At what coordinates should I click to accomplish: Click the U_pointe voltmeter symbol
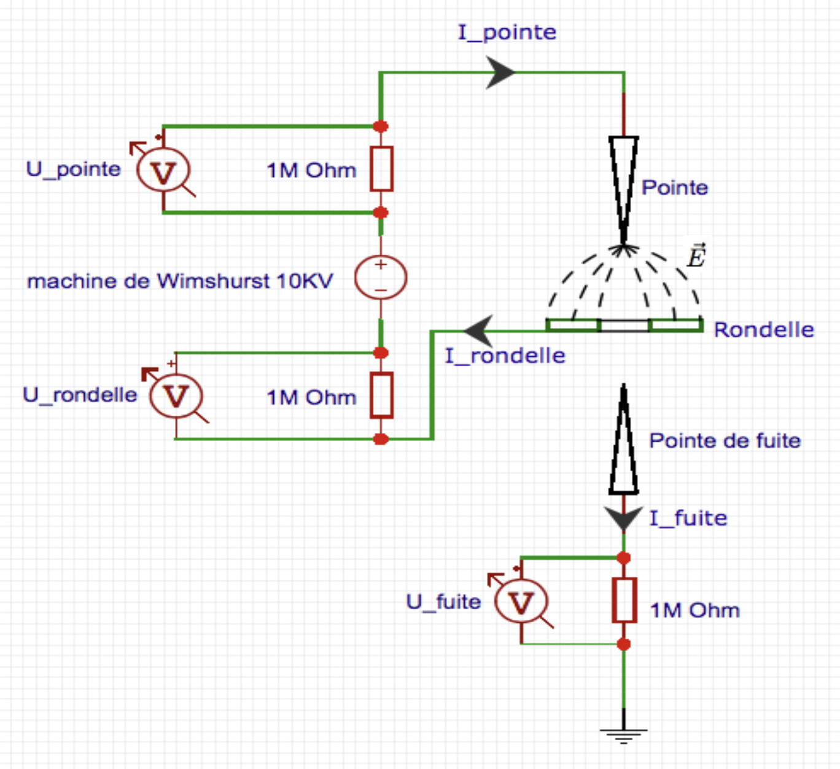point(163,171)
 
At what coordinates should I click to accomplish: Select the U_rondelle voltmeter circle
point(176,396)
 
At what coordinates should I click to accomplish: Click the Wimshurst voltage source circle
point(381,278)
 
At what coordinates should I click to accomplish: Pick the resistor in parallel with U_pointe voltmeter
point(381,169)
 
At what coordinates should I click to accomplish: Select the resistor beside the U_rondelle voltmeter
point(381,396)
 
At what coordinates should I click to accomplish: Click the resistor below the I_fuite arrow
point(624,600)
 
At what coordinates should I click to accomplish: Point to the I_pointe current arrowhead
point(500,72)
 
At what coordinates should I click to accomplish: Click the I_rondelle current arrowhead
point(480,332)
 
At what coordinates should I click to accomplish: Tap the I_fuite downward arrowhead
point(623,518)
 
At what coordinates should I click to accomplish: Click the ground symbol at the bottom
point(623,732)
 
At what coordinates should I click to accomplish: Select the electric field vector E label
point(696,256)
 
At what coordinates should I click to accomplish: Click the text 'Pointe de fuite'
point(725,440)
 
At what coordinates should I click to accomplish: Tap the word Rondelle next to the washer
point(763,330)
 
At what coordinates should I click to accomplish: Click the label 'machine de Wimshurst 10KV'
point(180,281)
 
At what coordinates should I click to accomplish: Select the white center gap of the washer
point(624,326)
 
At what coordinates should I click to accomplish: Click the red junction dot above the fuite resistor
point(624,558)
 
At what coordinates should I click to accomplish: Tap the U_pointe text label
point(73,169)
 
